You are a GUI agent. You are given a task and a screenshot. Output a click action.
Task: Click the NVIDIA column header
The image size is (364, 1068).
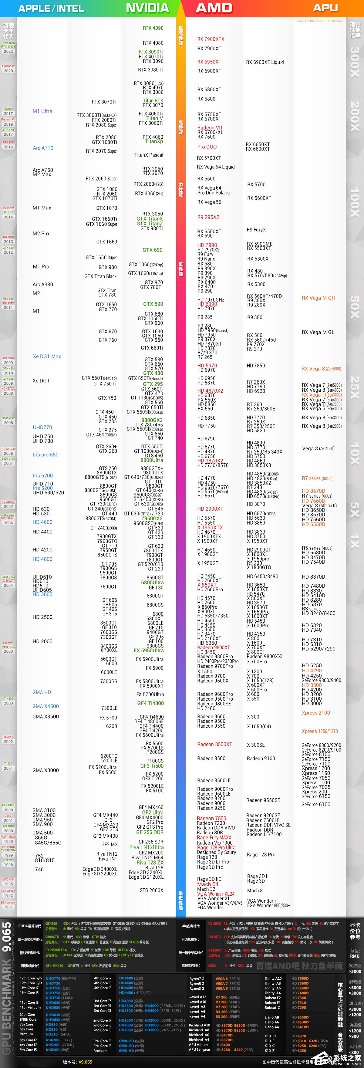[147, 8]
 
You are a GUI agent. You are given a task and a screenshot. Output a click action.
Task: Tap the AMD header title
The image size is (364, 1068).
[214, 8]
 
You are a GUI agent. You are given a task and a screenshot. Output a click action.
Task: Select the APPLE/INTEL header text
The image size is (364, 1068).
[51, 8]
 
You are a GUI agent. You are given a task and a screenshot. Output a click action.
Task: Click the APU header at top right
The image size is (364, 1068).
[325, 8]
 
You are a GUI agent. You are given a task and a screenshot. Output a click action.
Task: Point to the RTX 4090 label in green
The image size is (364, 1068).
[153, 28]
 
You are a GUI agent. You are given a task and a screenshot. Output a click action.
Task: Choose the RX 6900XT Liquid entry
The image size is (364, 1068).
[265, 62]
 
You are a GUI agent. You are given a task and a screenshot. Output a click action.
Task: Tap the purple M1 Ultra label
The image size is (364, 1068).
[42, 111]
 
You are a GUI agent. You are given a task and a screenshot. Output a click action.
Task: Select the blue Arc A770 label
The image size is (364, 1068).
[43, 148]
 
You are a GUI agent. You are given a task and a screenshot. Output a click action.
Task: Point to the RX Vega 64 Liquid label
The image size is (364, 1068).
[216, 167]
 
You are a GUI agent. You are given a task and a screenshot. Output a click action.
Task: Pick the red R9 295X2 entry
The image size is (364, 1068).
[208, 217]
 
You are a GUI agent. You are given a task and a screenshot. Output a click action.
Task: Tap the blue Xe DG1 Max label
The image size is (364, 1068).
[47, 356]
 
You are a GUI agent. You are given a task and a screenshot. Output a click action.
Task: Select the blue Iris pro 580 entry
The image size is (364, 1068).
[45, 455]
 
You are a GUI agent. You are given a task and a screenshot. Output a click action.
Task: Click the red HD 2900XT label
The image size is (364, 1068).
[210, 509]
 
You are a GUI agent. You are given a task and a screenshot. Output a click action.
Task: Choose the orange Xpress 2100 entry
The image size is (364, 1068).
[316, 713]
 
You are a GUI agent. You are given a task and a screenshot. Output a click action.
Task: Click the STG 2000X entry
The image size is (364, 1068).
[151, 890]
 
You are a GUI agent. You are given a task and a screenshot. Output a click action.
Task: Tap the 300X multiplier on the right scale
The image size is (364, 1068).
[355, 62]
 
